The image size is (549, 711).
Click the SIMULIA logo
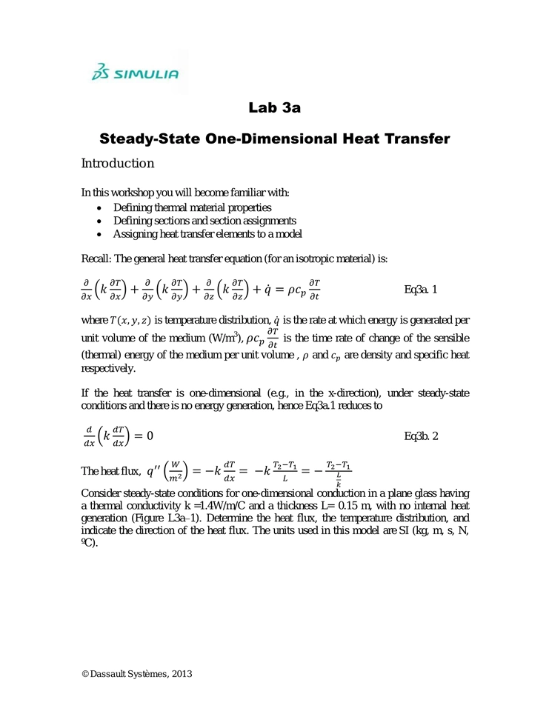pyautogui.click(x=134, y=73)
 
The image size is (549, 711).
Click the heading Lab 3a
pyautogui.click(x=274, y=108)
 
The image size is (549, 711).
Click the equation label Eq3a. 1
pyautogui.click(x=420, y=290)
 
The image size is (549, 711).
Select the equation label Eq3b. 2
pyautogui.click(x=421, y=435)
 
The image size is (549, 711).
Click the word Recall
pyautogui.click(x=96, y=258)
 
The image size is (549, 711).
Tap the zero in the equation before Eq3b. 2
pyautogui.click(x=149, y=435)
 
